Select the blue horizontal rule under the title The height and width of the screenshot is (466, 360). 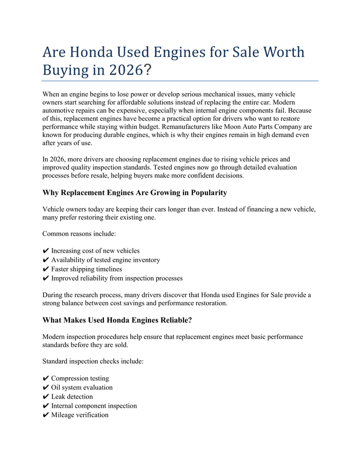(x=180, y=81)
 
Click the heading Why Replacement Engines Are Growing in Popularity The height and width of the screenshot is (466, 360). (x=134, y=193)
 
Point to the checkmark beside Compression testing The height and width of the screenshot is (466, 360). (x=46, y=379)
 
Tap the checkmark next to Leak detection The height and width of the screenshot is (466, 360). (x=46, y=397)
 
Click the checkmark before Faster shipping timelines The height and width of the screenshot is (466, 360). (x=46, y=269)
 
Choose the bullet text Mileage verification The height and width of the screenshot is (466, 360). (x=80, y=415)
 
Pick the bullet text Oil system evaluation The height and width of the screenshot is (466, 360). (x=82, y=387)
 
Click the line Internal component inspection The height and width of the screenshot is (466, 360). (x=94, y=406)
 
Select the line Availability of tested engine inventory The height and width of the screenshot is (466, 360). (x=105, y=260)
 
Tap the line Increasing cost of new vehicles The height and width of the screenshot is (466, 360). (x=95, y=251)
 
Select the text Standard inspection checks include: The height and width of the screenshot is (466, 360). (x=93, y=362)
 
